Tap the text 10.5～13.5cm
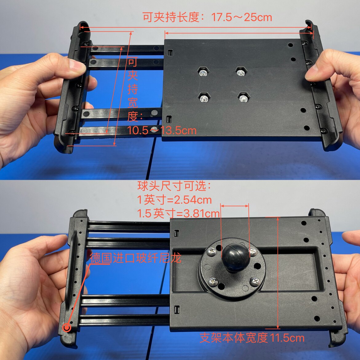[162, 130]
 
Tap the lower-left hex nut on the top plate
[204, 98]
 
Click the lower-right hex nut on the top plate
[243, 98]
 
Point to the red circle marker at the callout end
[67, 328]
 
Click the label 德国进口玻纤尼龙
[136, 258]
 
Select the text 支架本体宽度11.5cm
[252, 338]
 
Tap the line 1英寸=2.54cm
[175, 200]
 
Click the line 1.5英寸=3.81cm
[179, 214]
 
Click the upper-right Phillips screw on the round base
[253, 252]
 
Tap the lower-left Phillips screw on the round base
[213, 281]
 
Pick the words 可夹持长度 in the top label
[171, 18]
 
